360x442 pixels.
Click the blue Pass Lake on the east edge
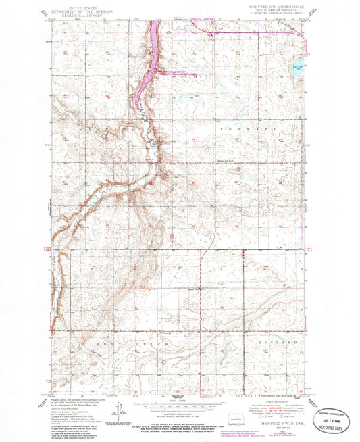click(x=300, y=68)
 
